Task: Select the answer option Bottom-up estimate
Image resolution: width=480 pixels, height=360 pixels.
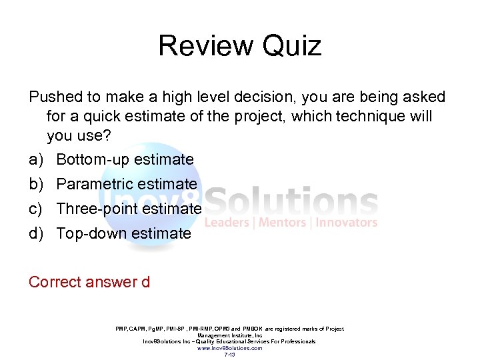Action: click(125, 159)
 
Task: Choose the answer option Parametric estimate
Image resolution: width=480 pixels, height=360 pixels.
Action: click(127, 184)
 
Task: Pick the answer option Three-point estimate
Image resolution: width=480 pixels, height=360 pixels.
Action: click(129, 209)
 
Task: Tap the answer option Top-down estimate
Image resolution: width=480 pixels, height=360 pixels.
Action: click(123, 233)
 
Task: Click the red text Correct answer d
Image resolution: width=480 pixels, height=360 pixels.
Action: click(89, 282)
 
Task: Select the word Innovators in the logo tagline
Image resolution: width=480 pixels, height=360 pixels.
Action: click(347, 223)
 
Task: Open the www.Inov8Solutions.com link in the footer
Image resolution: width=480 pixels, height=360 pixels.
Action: click(229, 348)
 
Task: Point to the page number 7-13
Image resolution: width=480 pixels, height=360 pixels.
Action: click(229, 355)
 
